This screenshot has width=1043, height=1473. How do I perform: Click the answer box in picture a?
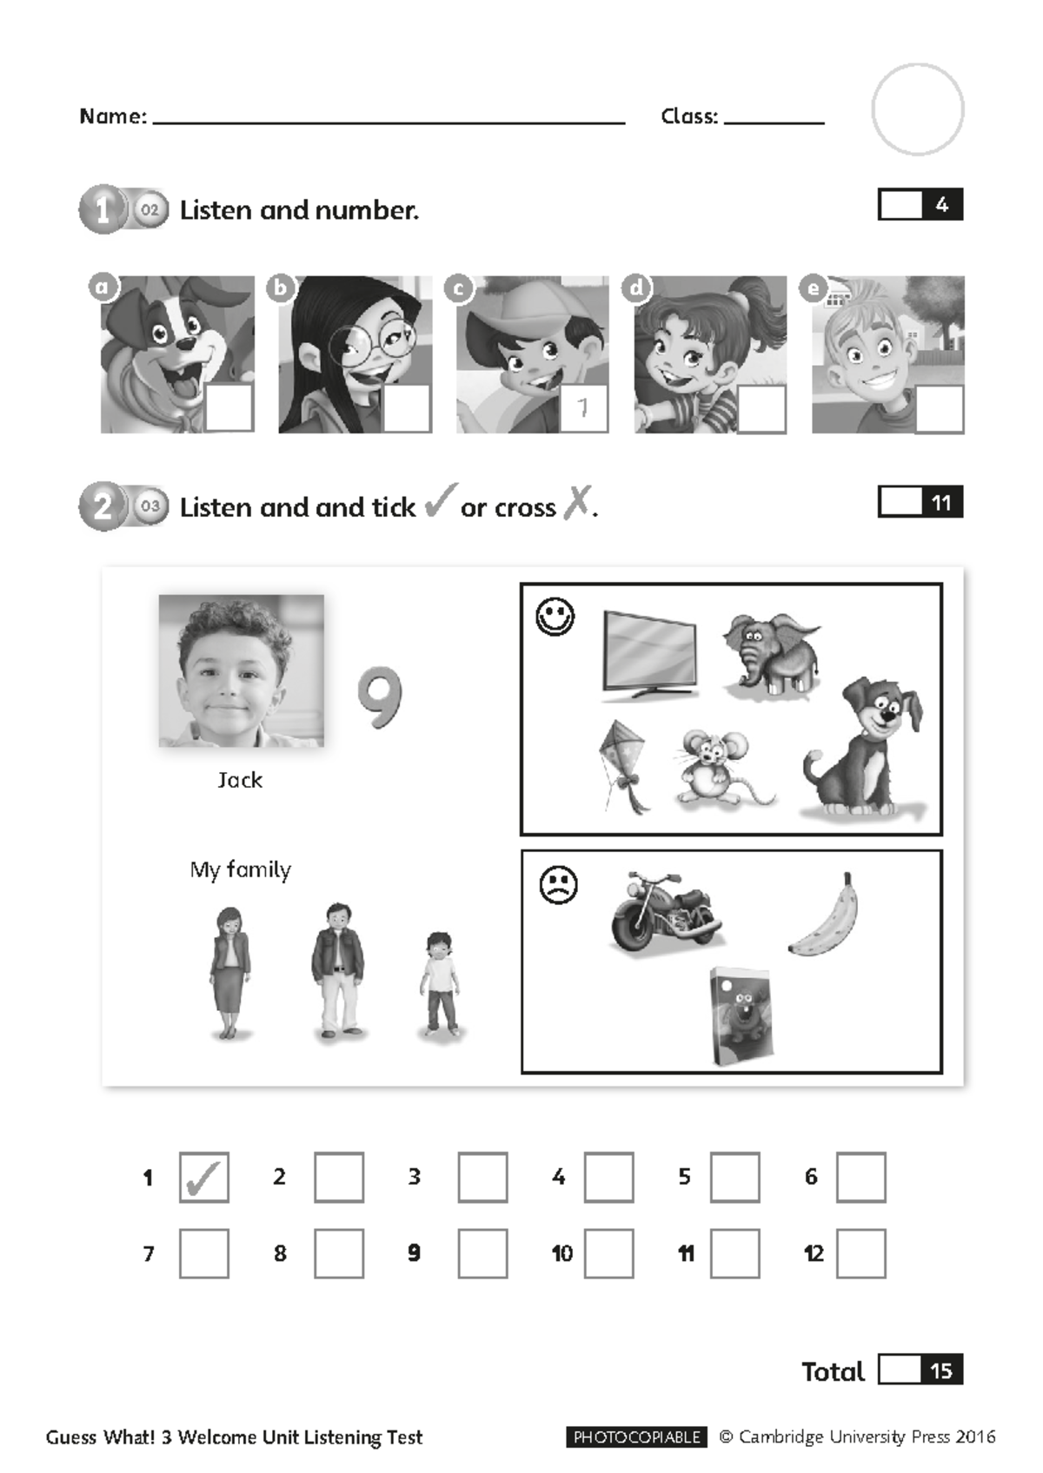pyautogui.click(x=229, y=406)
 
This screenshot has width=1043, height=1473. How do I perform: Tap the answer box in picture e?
pyautogui.click(x=940, y=407)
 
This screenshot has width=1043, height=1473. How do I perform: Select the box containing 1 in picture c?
pyautogui.click(x=583, y=407)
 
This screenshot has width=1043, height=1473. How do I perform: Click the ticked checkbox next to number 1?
pyautogui.click(x=204, y=1178)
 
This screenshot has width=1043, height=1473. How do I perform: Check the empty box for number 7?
pyautogui.click(x=204, y=1253)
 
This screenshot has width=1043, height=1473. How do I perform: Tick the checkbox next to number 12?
pyautogui.click(x=860, y=1253)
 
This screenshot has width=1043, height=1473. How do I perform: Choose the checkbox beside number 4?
pyautogui.click(x=608, y=1178)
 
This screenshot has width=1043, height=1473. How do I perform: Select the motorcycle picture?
pyautogui.click(x=665, y=911)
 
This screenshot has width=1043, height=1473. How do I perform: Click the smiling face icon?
pyautogui.click(x=555, y=617)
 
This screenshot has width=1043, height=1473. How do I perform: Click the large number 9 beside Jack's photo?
pyautogui.click(x=380, y=697)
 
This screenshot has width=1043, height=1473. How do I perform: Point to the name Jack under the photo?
pyautogui.click(x=240, y=780)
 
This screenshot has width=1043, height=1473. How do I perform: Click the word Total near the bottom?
pyautogui.click(x=833, y=1371)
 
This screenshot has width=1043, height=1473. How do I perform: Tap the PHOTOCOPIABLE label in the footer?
pyautogui.click(x=636, y=1437)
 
